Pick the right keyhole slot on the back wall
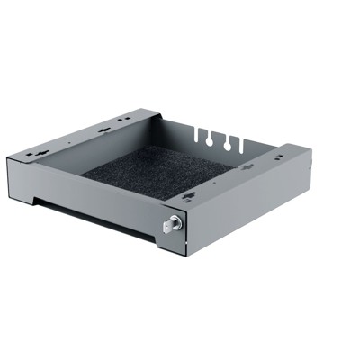[x=230, y=142]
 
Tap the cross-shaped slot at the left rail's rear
[x=106, y=126]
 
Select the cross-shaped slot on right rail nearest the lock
[x=187, y=197]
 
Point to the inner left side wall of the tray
[x=99, y=158]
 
